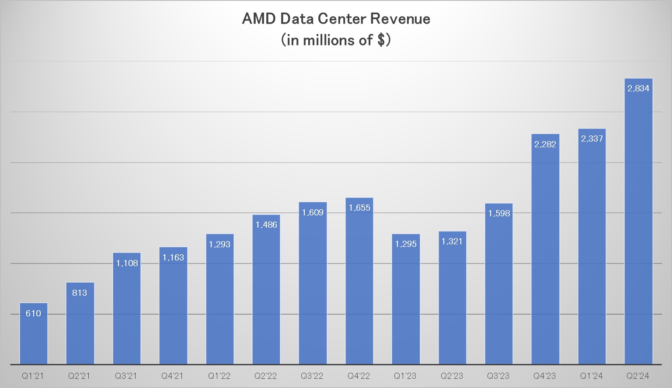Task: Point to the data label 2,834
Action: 638,88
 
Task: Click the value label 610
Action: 33,313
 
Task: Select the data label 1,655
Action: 359,208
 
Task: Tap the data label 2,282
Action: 545,144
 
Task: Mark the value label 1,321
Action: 452,241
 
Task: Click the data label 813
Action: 80,293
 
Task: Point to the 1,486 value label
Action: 266,225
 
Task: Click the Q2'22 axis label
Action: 265,376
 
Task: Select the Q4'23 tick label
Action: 544,376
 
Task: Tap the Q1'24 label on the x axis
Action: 591,376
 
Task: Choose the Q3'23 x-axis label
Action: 498,376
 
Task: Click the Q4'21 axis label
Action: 172,376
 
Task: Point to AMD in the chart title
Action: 258,19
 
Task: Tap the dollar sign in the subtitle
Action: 381,40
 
